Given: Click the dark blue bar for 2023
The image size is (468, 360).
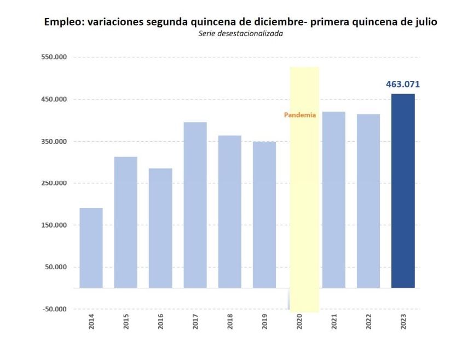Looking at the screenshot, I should pyautogui.click(x=403, y=190).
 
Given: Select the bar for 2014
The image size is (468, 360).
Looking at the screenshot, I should pyautogui.click(x=91, y=247).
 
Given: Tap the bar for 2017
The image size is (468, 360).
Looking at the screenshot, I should pyautogui.click(x=195, y=205).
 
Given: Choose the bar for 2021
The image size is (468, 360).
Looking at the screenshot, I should pyautogui.click(x=334, y=199).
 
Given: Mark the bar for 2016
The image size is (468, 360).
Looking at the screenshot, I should pyautogui.click(x=160, y=228).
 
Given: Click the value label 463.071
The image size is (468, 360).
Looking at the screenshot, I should pyautogui.click(x=403, y=84).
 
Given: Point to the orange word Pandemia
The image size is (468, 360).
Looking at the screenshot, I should pyautogui.click(x=300, y=115).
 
